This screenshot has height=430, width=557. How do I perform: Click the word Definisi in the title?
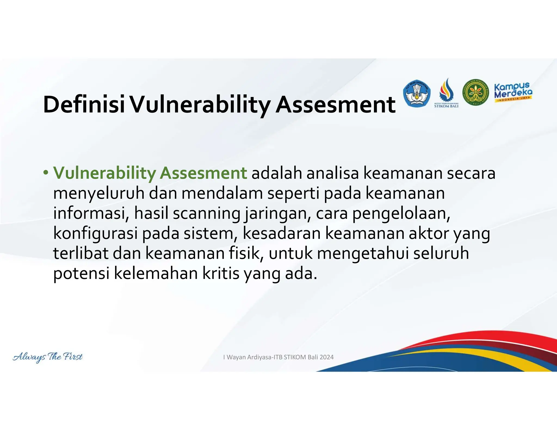84,105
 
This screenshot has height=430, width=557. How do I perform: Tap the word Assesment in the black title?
335,105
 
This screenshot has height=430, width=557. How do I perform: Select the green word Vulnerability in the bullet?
104,173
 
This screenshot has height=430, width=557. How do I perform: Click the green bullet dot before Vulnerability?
46,173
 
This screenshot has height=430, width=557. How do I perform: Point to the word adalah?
277,173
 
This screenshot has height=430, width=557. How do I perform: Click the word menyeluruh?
98,193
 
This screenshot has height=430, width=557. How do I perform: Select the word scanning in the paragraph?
206,213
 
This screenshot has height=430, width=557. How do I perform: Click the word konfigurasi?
95,233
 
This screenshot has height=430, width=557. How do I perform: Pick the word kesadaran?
281,233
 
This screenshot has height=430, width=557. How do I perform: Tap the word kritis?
221,273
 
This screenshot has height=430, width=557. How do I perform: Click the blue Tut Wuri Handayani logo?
416,94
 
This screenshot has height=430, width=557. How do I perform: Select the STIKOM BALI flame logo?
446,93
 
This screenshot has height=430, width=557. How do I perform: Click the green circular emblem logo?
475,93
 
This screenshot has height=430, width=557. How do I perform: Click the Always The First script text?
48,357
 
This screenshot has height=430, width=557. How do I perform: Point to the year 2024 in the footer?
326,357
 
